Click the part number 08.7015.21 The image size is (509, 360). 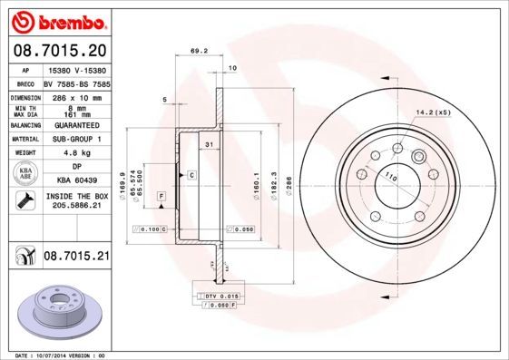click(x=76, y=258)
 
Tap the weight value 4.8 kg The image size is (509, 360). click(x=75, y=153)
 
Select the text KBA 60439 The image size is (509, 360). click(x=75, y=180)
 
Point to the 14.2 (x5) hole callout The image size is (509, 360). click(x=433, y=112)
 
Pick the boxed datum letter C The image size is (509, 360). click(x=191, y=173)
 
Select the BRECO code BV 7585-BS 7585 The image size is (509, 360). click(x=76, y=83)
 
